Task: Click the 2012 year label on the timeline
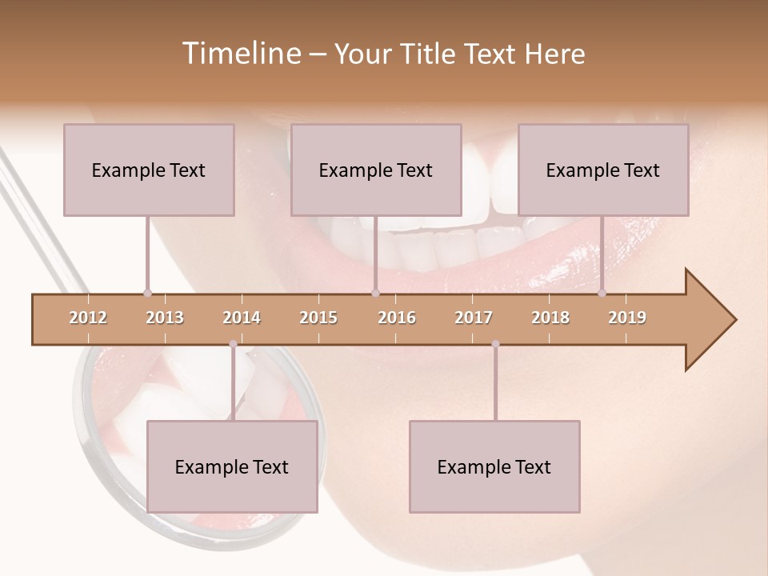pos(88,318)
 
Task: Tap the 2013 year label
pos(165,318)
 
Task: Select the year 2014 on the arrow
pos(242,318)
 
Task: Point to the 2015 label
pos(318,318)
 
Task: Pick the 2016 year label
pos(397,318)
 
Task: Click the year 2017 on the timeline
pos(474,318)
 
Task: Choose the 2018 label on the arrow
pos(550,318)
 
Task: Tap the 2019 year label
pos(627,318)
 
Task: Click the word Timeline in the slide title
pos(240,54)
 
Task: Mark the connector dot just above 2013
pos(147,293)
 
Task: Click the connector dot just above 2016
pos(375,293)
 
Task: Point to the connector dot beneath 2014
pos(233,344)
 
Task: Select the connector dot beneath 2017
pos(495,344)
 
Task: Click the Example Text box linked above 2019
pos(603,170)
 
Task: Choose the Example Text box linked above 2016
pos(376,170)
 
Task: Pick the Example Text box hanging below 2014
pos(232,466)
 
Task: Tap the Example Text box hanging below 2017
pos(494,466)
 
